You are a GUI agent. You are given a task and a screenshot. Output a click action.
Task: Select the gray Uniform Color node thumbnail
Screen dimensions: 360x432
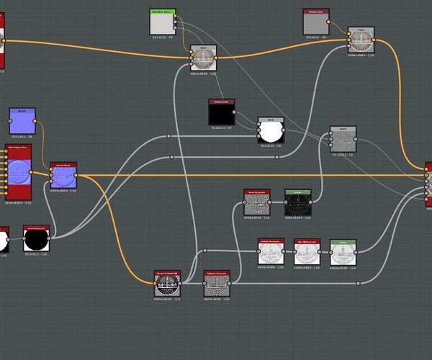point(316,23)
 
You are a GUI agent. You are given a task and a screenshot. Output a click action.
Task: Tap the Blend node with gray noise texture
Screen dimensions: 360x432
point(343,139)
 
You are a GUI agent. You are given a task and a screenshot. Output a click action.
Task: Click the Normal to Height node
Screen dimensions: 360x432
point(166,284)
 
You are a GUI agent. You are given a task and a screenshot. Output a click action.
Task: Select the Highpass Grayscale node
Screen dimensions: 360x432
point(217,284)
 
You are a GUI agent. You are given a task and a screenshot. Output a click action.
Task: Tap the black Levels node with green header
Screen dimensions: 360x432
point(297,204)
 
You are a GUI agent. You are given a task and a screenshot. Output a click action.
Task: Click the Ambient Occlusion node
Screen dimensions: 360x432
point(271,252)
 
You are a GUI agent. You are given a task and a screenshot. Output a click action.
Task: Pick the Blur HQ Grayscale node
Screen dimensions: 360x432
point(306,253)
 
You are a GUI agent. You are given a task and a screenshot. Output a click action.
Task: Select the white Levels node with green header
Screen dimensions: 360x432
point(343,253)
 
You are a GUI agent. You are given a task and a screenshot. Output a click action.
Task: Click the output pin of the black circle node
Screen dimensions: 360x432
point(50,238)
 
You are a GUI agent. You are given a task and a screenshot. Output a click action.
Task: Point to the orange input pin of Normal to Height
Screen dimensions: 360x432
point(154,283)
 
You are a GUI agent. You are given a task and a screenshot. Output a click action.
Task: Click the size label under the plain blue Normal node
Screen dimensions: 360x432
point(22,135)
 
